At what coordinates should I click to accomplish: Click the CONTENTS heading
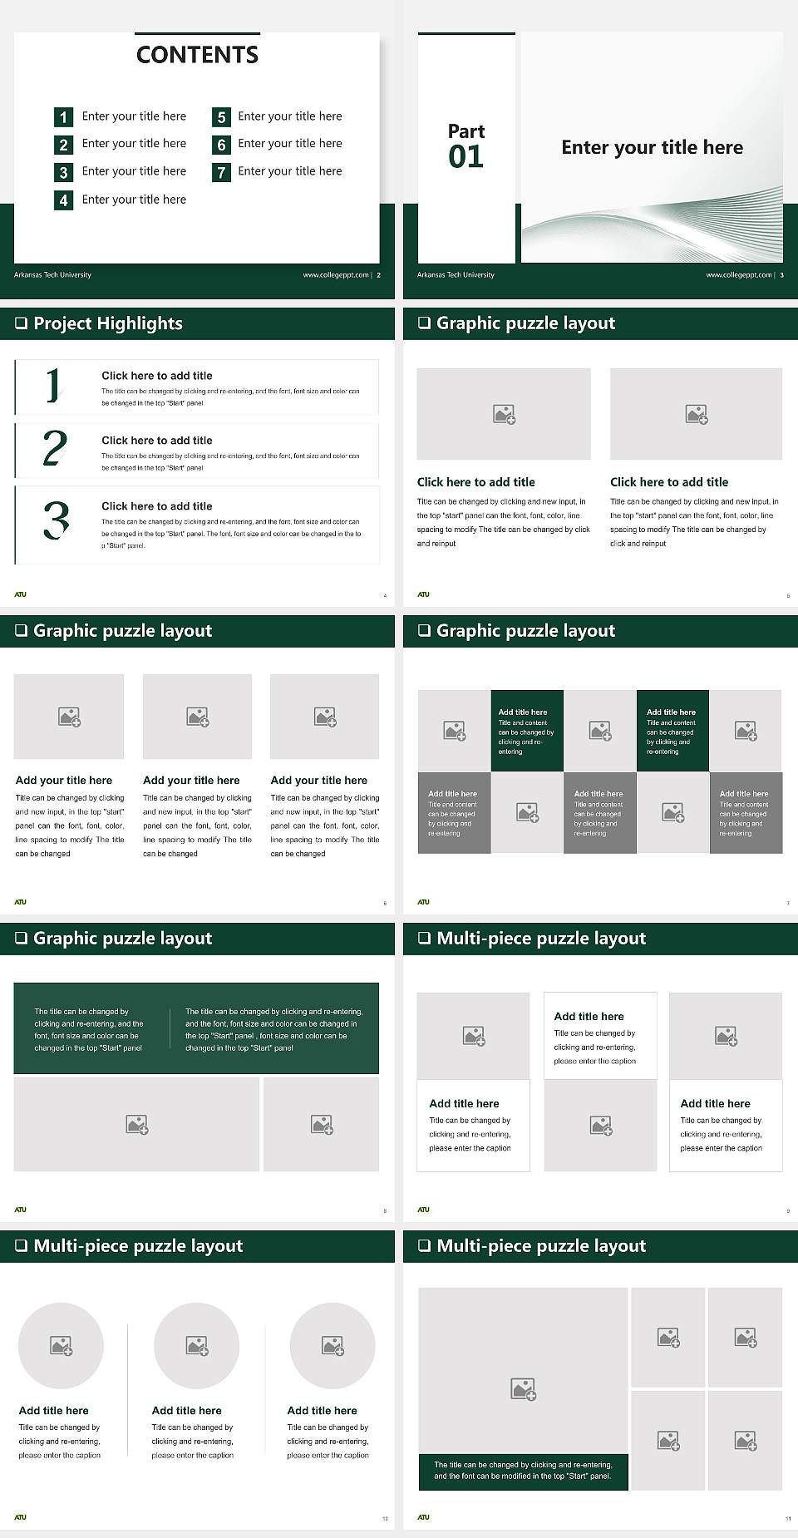(x=197, y=55)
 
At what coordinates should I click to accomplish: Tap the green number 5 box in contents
(x=221, y=117)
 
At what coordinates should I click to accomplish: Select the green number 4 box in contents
(x=63, y=200)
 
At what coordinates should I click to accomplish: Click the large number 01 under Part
(x=465, y=157)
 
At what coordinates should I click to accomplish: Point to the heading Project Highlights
(x=107, y=323)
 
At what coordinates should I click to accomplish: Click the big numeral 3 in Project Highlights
(x=56, y=521)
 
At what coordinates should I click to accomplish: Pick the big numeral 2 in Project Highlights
(x=55, y=448)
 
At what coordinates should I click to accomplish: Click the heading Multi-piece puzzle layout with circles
(x=138, y=1245)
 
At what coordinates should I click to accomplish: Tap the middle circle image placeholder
(x=197, y=1345)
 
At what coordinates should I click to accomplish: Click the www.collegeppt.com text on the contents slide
(x=335, y=275)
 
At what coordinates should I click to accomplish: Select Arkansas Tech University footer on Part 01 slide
(x=456, y=275)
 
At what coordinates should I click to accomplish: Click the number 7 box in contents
(x=221, y=173)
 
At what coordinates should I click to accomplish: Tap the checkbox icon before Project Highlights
(x=21, y=323)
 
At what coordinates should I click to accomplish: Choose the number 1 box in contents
(x=63, y=117)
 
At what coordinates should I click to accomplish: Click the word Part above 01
(x=465, y=131)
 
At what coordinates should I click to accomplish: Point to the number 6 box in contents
(x=221, y=145)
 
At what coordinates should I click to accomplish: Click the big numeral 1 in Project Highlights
(x=53, y=385)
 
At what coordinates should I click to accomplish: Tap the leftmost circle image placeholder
(x=61, y=1345)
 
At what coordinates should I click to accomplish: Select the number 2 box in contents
(x=63, y=145)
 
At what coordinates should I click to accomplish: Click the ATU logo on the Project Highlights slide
(x=20, y=594)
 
